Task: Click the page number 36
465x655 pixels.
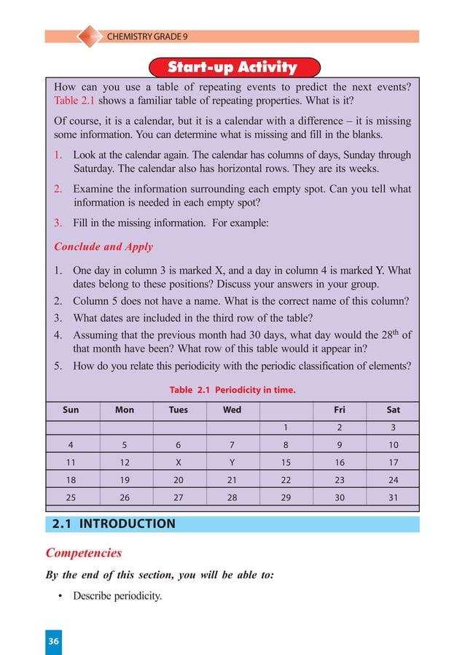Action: pyautogui.click(x=53, y=641)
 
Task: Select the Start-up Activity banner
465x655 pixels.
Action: pyautogui.click(x=232, y=68)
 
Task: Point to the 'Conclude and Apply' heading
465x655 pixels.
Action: pyautogui.click(x=103, y=247)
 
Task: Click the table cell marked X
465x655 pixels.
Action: pyautogui.click(x=179, y=462)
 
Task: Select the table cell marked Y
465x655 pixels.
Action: pyautogui.click(x=232, y=462)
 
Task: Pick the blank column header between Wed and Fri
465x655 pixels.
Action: pyautogui.click(x=286, y=410)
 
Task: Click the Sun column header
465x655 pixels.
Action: pyautogui.click(x=71, y=410)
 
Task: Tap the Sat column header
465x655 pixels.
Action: pyautogui.click(x=393, y=410)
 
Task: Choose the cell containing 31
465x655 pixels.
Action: pyautogui.click(x=393, y=497)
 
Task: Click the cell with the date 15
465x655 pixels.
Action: pyautogui.click(x=286, y=462)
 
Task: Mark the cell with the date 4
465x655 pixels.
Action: pyautogui.click(x=71, y=444)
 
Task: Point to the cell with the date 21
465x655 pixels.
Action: pyautogui.click(x=232, y=479)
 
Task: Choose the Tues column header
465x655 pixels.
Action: pyautogui.click(x=179, y=410)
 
